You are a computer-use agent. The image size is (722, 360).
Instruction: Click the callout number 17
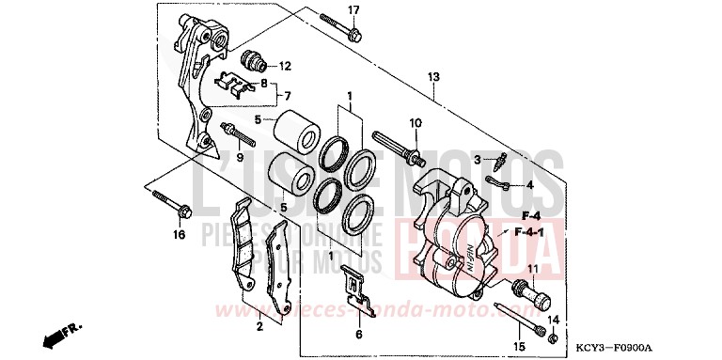354,10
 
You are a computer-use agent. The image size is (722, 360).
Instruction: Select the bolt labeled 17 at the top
340,27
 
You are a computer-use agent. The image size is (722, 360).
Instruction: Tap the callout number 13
433,76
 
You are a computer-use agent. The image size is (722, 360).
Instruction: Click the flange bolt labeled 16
168,203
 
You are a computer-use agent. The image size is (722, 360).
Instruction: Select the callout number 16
179,235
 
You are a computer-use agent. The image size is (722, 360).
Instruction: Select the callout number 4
529,185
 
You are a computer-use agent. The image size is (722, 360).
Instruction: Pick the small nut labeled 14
554,337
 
